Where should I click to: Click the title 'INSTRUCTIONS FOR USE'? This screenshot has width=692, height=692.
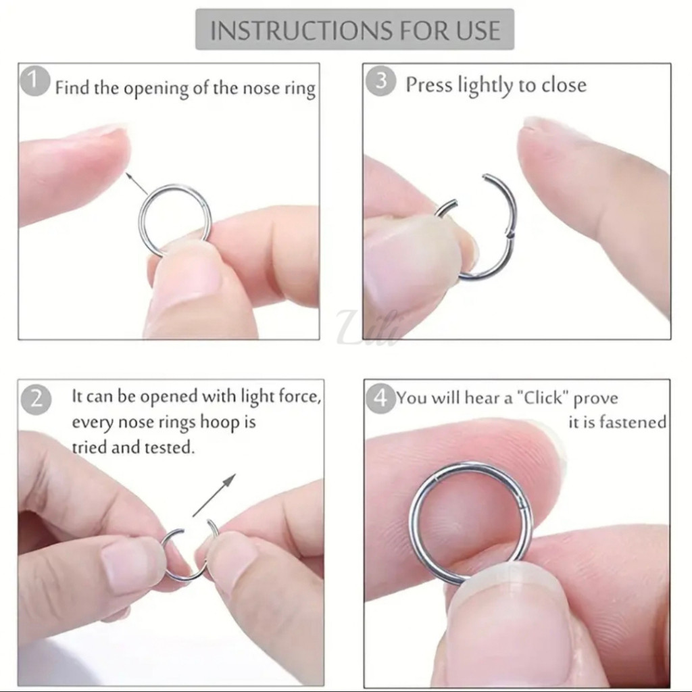pyautogui.click(x=355, y=30)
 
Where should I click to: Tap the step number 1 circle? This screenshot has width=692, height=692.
pyautogui.click(x=35, y=82)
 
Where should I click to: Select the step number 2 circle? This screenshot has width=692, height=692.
pyautogui.click(x=36, y=399)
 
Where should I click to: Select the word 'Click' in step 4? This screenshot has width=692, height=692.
pyautogui.click(x=543, y=397)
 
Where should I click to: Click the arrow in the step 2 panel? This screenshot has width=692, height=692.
pyautogui.click(x=214, y=495)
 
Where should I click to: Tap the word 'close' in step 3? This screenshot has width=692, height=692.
pyautogui.click(x=564, y=84)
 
